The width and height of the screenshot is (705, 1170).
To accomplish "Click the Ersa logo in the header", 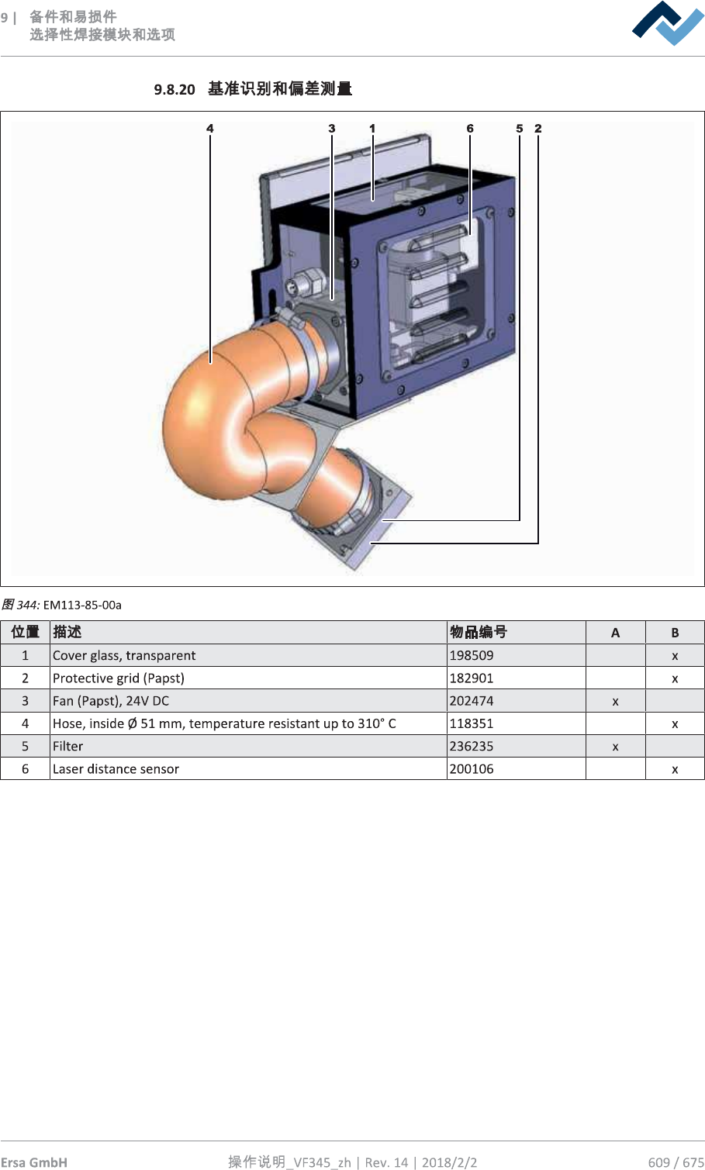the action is click(668, 23).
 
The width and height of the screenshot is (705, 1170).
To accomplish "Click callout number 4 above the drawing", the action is click(210, 129).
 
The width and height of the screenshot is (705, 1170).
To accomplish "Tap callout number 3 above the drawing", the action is click(332, 129).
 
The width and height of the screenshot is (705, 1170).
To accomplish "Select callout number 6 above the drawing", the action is click(470, 129).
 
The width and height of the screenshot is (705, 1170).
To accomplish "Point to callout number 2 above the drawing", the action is click(538, 129).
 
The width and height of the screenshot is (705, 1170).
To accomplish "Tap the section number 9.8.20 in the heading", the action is click(175, 89).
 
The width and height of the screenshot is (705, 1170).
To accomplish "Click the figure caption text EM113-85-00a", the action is click(82, 605).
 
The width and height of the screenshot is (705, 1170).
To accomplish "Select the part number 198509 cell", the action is click(472, 655).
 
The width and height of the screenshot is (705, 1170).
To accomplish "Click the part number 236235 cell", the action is click(472, 746).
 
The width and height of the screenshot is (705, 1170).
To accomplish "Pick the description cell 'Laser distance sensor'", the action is click(116, 769).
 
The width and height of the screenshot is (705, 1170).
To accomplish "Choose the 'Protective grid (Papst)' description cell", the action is click(119, 678).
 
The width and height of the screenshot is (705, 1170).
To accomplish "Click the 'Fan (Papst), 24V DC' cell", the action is click(111, 701).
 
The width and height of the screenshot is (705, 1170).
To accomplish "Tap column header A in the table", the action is click(615, 633).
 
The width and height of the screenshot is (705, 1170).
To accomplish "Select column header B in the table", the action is click(675, 633).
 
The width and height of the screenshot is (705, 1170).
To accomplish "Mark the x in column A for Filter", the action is click(615, 747).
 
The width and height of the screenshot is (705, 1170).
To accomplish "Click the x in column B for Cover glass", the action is click(675, 656).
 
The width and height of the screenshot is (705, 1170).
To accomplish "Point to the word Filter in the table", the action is click(68, 746).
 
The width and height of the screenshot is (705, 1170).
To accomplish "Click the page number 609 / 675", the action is click(676, 1161).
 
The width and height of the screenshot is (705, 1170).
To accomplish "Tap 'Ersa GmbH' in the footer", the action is click(34, 1161).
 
